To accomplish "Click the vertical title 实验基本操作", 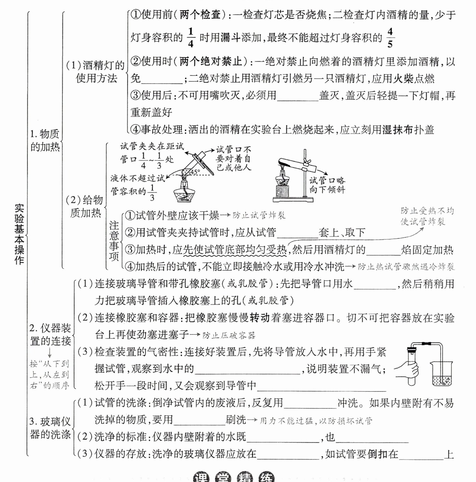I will [19, 235].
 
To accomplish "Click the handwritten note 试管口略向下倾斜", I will [327, 185].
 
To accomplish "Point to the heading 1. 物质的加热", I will [45, 140].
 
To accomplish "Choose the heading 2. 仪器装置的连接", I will [50, 335].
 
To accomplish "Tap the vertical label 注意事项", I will [114, 241].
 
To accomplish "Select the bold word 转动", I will [260, 318].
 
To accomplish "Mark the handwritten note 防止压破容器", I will [229, 335].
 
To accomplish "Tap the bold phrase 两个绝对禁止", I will [211, 62].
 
